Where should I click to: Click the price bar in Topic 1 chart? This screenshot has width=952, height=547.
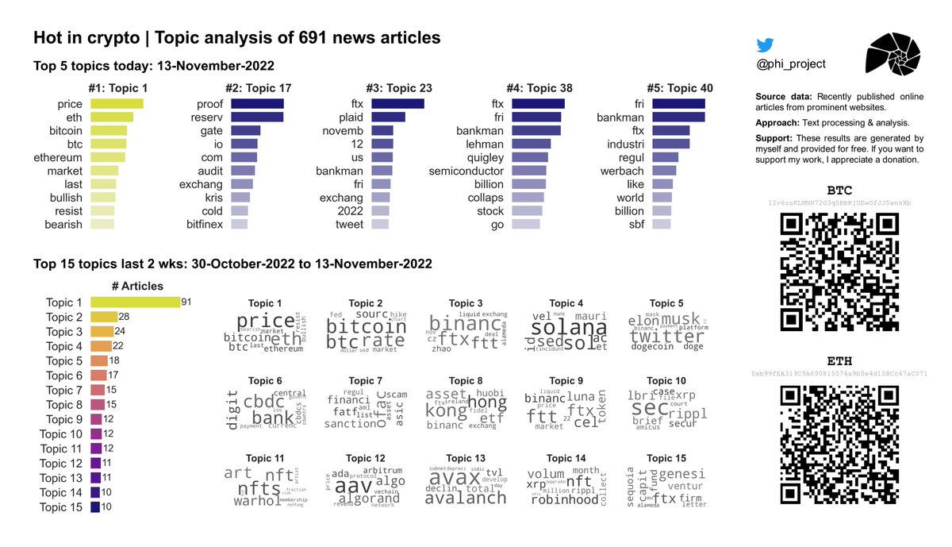coord(117,104)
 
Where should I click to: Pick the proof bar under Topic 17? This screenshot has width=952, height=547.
coord(257,104)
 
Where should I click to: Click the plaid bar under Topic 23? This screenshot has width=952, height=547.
coord(388,117)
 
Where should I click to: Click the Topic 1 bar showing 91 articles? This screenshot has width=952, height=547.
coord(135,302)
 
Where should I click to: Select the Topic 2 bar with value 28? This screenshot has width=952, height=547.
coord(104,317)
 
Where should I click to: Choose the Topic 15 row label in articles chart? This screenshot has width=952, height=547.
coord(60,507)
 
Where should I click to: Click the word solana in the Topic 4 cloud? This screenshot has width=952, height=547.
coord(569,328)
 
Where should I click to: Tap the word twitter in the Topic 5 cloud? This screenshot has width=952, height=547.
coord(666,336)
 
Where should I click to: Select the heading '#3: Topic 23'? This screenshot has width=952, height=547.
coord(398,87)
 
